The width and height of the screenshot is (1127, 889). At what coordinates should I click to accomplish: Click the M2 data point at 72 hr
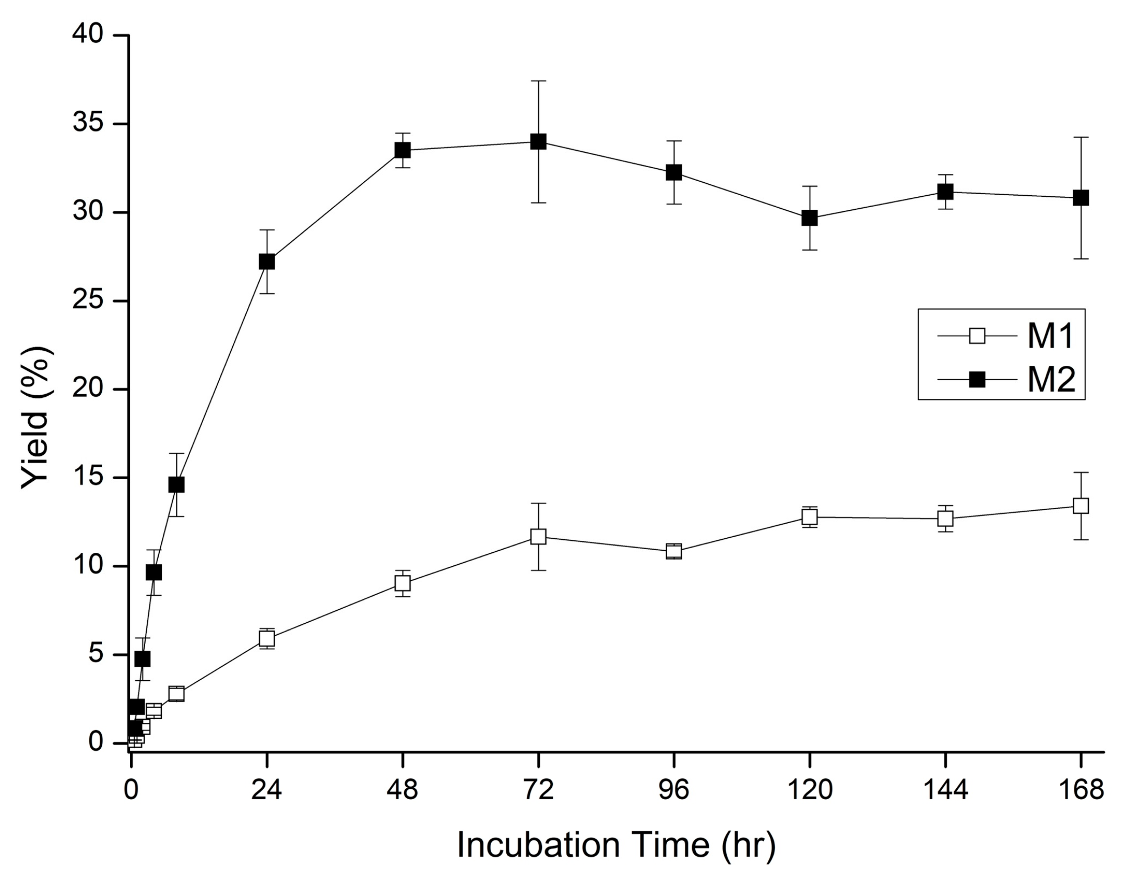pos(538,141)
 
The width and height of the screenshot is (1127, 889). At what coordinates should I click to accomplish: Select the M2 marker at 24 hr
pos(267,262)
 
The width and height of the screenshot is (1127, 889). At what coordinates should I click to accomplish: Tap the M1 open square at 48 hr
pos(402,583)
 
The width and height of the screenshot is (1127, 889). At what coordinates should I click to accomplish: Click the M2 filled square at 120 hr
pos(810,218)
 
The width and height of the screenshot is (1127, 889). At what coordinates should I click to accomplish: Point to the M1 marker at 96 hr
pos(674,551)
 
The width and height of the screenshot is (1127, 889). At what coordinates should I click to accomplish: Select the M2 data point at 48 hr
pos(402,150)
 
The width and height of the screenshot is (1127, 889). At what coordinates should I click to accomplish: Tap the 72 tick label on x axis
pos(538,790)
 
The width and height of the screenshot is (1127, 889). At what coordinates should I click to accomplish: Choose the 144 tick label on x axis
pos(945,790)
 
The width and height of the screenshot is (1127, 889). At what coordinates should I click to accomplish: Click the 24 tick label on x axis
pos(267,790)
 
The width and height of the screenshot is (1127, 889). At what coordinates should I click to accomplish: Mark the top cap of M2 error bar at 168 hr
pos(1081,137)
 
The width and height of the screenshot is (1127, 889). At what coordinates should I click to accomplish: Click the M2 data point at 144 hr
pos(945,192)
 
